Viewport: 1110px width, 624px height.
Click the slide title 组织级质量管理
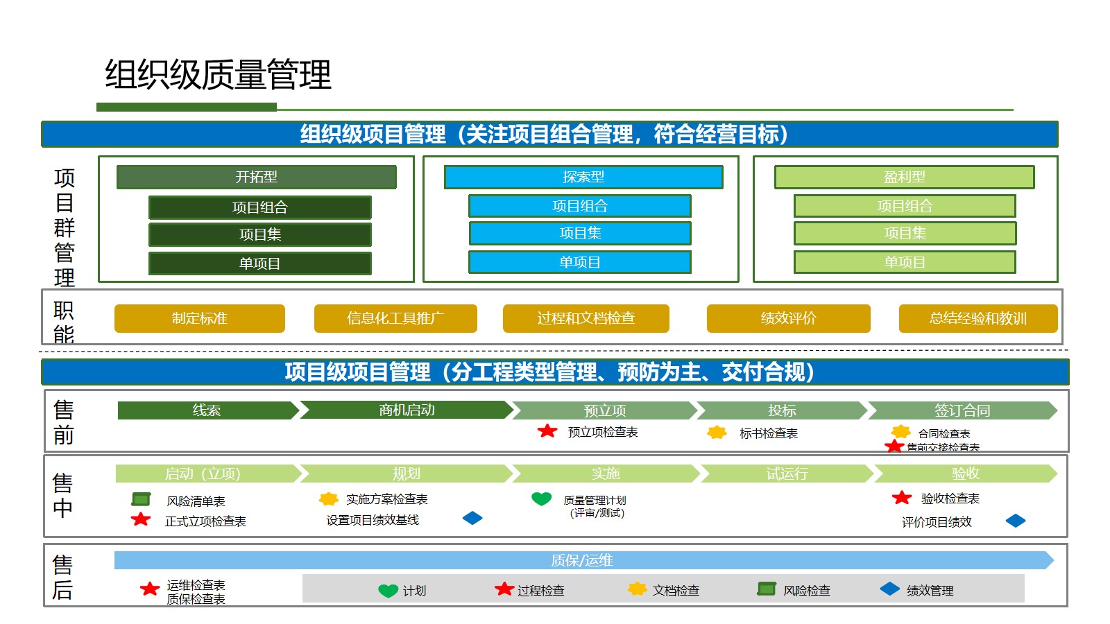218,75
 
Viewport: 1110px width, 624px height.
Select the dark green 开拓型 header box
256,177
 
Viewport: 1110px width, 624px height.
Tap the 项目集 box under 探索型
580,233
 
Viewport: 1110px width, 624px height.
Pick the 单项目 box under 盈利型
905,262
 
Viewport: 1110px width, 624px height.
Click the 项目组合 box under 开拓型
259,207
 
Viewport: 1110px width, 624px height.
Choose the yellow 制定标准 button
199,318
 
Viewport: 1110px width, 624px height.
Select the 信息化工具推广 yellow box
395,318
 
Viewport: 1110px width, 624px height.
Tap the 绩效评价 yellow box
788,318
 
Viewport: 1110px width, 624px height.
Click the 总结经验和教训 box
977,318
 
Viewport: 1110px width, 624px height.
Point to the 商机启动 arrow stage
407,410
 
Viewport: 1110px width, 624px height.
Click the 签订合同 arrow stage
962,410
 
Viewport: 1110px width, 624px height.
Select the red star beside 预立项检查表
547,431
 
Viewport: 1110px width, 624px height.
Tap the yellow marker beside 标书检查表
717,433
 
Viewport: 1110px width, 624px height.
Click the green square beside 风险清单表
141,499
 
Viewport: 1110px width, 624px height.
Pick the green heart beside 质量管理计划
541,499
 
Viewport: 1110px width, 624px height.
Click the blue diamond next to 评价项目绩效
1015,521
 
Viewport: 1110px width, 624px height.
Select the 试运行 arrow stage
787,474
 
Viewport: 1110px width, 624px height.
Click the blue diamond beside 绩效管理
889,589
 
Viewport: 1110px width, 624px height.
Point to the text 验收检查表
950,499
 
